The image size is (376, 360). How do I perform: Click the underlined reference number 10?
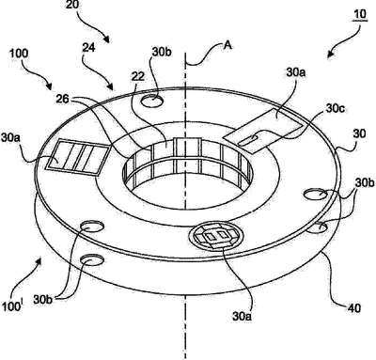[360, 14]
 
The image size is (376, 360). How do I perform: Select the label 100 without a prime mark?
[19, 54]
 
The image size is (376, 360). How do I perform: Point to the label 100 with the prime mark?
[12, 305]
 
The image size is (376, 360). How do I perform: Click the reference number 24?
[89, 48]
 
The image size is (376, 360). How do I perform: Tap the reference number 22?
[138, 77]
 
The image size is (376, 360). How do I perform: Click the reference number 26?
[63, 99]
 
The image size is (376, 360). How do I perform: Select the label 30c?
[336, 108]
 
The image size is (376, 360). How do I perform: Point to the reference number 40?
[353, 307]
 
